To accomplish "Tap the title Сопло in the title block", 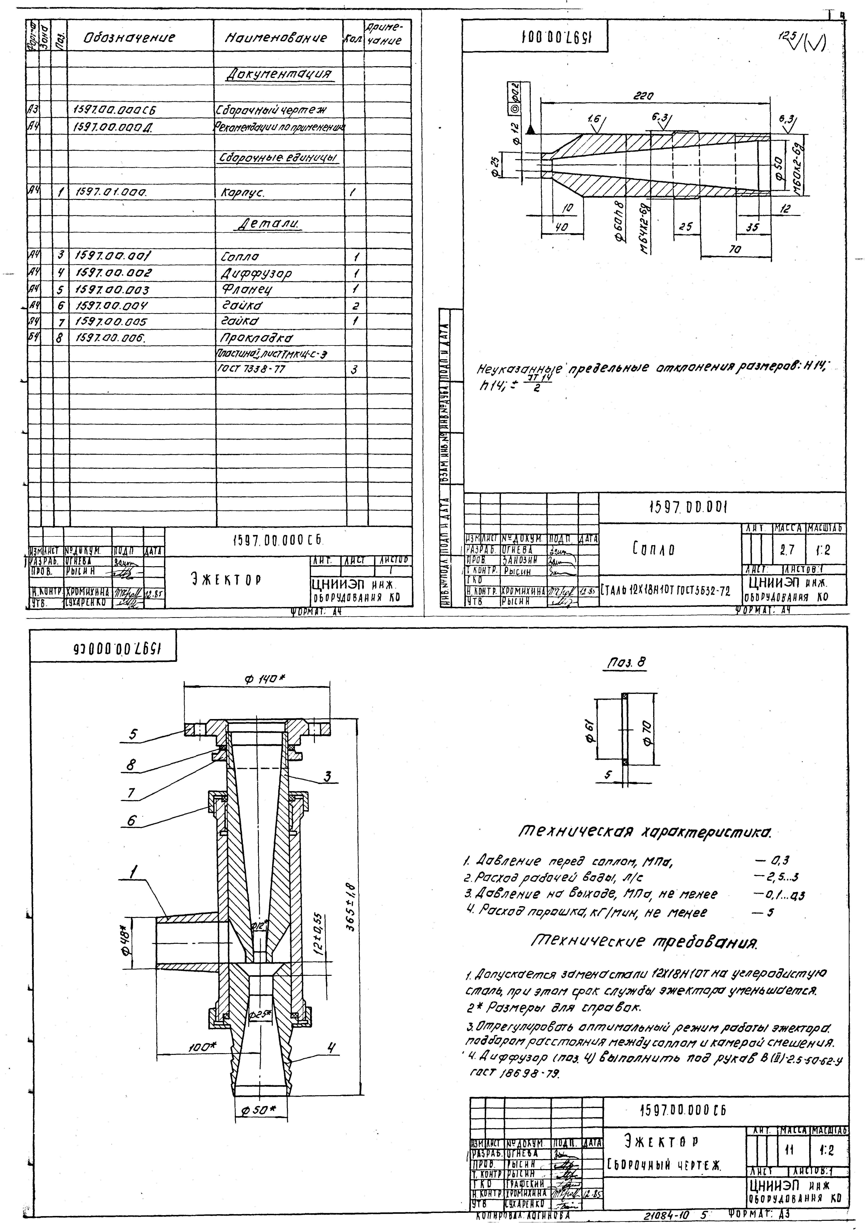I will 652,549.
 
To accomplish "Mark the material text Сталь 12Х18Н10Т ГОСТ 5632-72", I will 666,591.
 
